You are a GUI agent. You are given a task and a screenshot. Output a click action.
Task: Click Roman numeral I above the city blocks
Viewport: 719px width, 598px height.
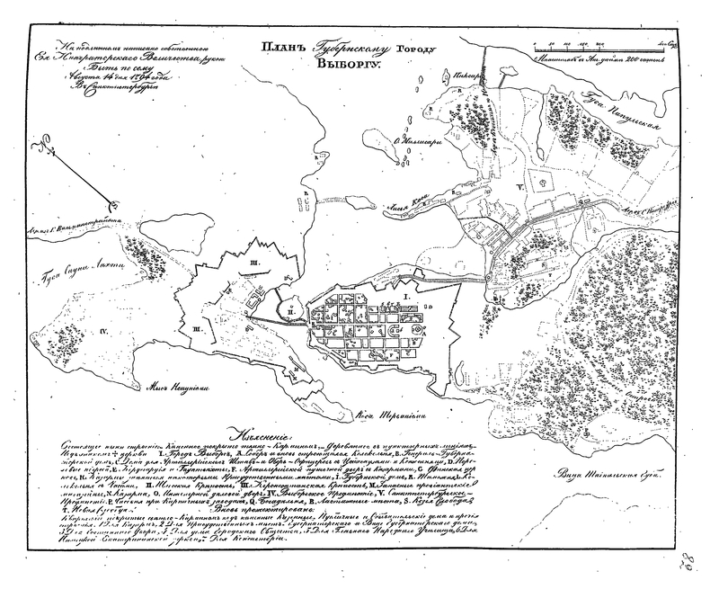pyautogui.click(x=405, y=294)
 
